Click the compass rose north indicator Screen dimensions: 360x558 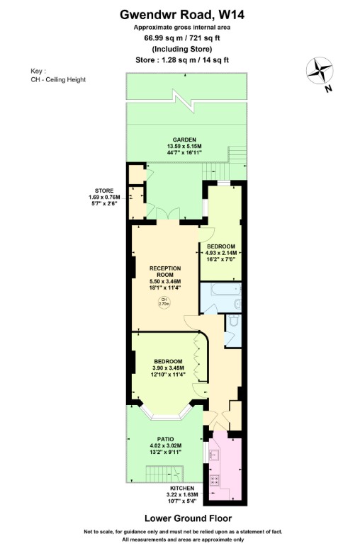coord(320,71)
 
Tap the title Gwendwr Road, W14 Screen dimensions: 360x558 coord(182,15)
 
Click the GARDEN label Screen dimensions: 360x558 coord(184,140)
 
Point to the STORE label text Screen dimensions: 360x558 coord(104,190)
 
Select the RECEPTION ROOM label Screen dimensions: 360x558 coord(165,271)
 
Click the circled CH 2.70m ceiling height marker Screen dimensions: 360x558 coord(164,302)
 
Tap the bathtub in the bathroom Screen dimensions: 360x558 coord(225,290)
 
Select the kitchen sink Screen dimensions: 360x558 coord(214,455)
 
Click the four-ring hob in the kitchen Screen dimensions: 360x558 coord(215,480)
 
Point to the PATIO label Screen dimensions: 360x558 coord(166,439)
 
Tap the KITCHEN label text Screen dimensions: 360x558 coord(182,489)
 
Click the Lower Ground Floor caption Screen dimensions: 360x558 coord(188,518)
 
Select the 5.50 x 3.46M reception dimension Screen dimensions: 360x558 coord(165,282)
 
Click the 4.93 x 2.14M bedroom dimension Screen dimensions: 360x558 coord(221,253)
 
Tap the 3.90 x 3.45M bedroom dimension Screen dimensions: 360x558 coord(168,368)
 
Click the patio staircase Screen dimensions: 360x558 coord(164,474)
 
